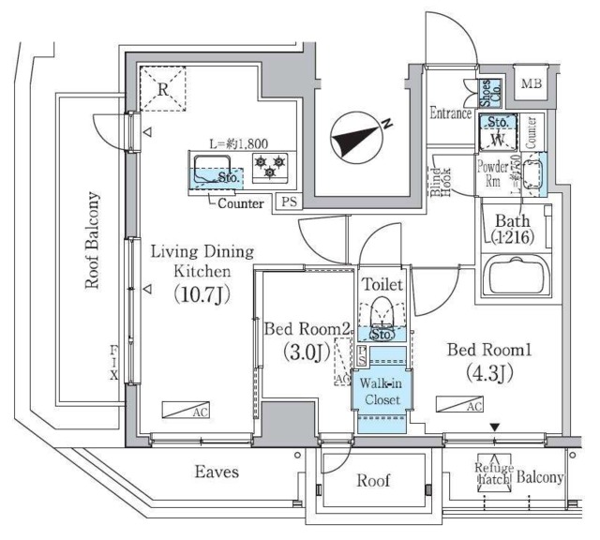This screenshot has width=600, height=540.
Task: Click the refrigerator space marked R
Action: pos(162,91)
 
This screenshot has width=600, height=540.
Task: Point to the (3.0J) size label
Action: pos(307,353)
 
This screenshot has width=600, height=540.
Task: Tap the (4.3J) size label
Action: pos(490,374)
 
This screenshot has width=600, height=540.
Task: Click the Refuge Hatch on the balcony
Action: pos(491,474)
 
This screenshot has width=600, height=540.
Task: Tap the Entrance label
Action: pos(451,113)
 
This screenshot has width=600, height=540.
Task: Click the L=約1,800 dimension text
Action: pos(239,145)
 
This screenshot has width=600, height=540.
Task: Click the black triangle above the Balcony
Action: pos(494,428)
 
